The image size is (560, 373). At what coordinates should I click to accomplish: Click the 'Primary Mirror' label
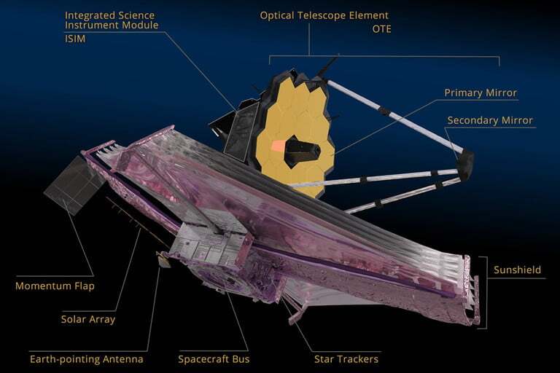(x=481, y=93)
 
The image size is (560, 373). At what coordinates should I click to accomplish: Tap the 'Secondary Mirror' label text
(x=490, y=120)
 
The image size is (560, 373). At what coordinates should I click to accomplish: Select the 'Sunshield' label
(x=517, y=270)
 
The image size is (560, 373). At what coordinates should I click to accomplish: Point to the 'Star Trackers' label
(x=346, y=359)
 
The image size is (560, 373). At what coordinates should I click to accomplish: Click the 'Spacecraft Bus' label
(x=214, y=359)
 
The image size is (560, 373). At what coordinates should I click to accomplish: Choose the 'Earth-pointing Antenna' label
(x=87, y=359)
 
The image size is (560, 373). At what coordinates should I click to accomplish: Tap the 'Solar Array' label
(x=87, y=319)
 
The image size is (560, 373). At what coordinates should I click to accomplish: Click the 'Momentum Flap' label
(x=55, y=286)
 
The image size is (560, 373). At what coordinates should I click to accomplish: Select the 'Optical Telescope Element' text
(x=324, y=16)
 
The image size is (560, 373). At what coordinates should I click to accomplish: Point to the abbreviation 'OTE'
(x=381, y=29)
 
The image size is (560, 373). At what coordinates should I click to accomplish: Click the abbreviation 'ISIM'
(x=75, y=39)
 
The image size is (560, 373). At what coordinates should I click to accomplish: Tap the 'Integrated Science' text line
(x=109, y=15)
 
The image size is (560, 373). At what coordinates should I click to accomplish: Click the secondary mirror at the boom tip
(x=465, y=165)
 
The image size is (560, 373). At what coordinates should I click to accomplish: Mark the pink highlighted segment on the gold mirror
(x=279, y=146)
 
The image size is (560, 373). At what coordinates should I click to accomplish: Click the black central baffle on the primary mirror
(x=302, y=152)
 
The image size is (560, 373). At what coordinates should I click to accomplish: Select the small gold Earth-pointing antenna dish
(x=163, y=260)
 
